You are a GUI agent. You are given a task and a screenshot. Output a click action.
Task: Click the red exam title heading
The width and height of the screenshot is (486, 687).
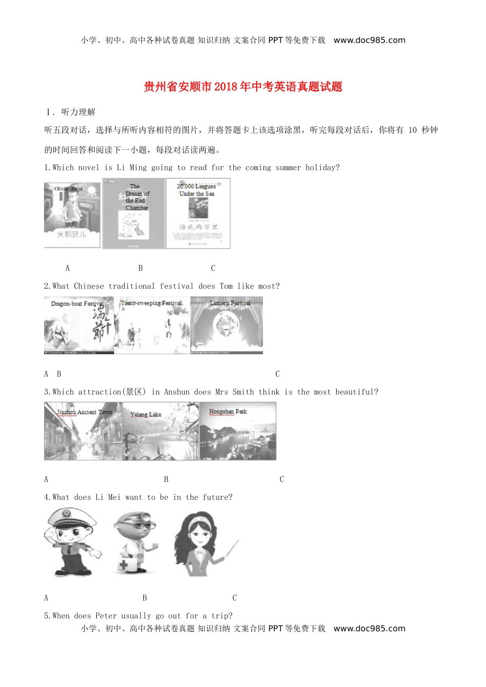click(243, 86)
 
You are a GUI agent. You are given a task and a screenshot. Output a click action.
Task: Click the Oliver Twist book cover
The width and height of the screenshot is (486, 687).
click(72, 214)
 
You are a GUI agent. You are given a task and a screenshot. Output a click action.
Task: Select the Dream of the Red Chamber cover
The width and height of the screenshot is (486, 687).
click(134, 214)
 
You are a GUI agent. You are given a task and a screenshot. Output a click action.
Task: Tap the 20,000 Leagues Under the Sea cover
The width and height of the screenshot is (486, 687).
click(198, 214)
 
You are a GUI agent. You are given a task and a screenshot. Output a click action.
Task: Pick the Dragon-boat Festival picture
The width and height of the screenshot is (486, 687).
click(79, 326)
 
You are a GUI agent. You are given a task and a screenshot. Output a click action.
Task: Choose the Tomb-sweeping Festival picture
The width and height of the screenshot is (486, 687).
click(152, 326)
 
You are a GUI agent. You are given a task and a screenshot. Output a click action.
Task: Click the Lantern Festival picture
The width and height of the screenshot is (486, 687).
click(227, 326)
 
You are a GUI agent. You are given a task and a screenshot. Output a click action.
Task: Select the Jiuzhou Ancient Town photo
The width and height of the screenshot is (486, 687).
click(83, 431)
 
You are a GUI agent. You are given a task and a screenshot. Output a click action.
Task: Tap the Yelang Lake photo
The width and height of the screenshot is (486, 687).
click(161, 431)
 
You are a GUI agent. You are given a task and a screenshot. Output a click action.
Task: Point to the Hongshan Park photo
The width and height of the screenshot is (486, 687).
click(238, 431)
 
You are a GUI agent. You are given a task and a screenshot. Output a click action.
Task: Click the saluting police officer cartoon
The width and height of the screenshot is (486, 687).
click(72, 542)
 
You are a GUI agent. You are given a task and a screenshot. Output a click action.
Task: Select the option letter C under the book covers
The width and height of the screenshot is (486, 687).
click(213, 268)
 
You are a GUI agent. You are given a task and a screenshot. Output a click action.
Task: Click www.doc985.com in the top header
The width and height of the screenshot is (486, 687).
click(369, 40)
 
